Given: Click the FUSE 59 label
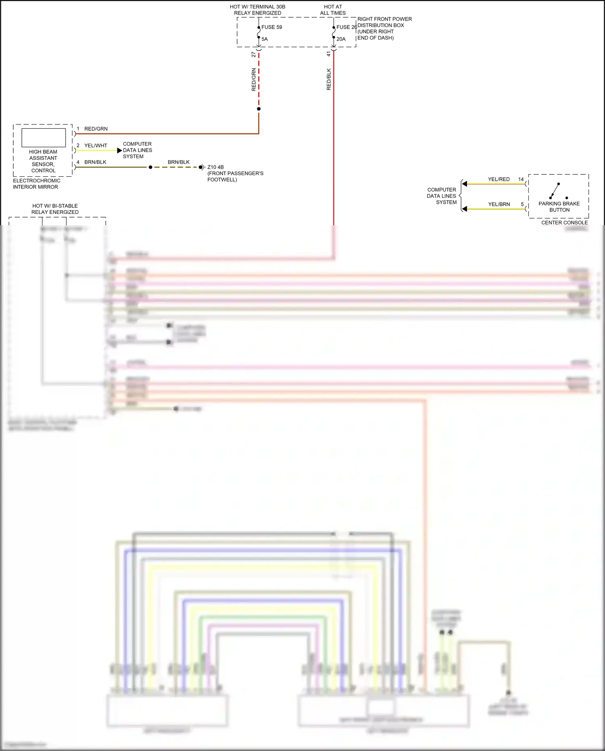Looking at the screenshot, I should click(271, 27).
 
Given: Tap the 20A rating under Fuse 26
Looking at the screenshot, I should click(341, 39).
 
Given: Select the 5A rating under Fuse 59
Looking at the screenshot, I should click(265, 39).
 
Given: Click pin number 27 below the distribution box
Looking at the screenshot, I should click(254, 54).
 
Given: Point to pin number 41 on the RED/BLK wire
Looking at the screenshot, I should click(329, 54).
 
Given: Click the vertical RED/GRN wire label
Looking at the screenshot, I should click(254, 79).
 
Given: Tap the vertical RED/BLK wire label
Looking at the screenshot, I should click(329, 79).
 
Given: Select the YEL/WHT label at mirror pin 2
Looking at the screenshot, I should click(96, 145).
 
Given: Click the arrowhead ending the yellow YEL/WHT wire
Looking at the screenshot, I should click(119, 151).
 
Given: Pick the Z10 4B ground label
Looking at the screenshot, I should click(215, 167).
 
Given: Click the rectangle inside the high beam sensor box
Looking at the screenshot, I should click(44, 138).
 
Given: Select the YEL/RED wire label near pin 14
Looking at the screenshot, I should click(499, 179).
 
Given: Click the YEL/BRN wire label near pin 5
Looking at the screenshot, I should click(499, 204).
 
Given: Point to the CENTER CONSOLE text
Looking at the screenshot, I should click(564, 222).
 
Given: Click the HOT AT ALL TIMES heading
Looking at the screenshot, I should click(333, 10).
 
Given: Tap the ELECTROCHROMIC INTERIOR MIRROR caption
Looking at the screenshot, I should click(36, 184).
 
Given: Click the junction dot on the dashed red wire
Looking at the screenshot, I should click(259, 109).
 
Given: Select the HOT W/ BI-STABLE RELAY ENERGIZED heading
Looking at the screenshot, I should click(55, 209).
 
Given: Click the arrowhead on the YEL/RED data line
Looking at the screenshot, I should click(465, 184).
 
